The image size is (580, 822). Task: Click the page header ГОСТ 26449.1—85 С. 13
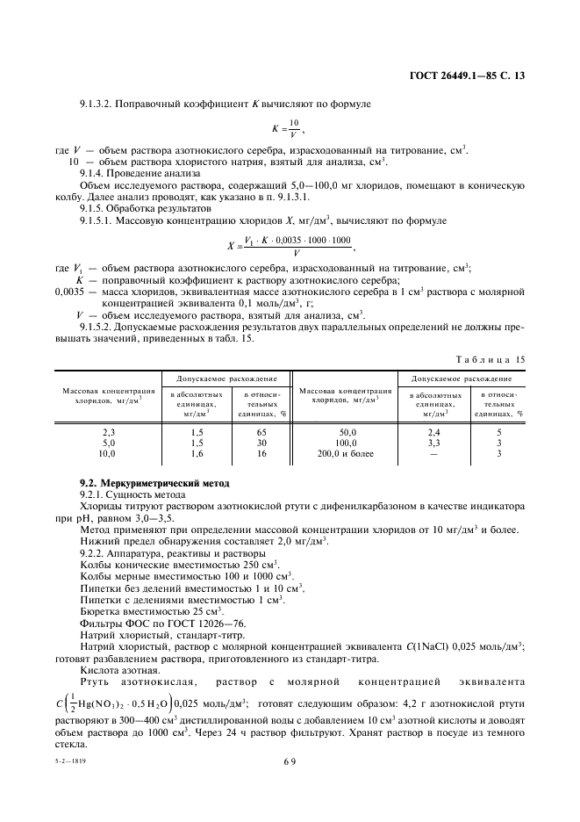pos(473,76)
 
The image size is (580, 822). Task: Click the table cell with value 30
pos(261,443)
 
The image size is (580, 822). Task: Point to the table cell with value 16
pos(261,453)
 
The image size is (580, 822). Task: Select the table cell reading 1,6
pos(197,453)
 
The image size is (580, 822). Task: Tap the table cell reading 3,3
pos(433,443)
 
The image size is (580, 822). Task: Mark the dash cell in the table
pos(433,453)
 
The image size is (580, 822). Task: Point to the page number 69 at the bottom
pos(289,786)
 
